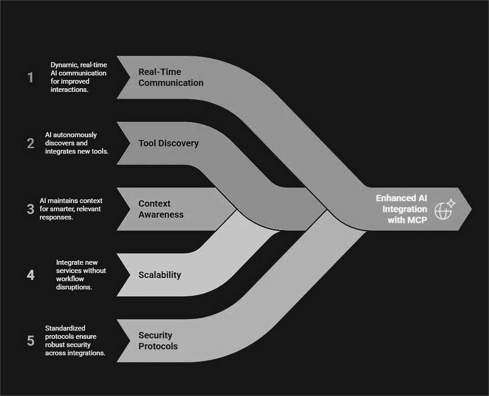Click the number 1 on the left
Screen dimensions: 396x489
point(31,77)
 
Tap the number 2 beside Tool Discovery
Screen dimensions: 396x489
point(31,143)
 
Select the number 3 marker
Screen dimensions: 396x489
point(31,209)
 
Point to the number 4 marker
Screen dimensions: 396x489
point(31,275)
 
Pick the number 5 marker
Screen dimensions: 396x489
point(31,341)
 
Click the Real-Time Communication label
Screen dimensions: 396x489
point(171,77)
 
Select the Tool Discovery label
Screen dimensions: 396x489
point(168,143)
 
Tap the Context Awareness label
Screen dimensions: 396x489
point(161,209)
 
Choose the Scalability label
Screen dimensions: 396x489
point(159,275)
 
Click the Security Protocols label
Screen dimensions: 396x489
point(158,341)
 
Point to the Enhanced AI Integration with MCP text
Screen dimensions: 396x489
point(401,209)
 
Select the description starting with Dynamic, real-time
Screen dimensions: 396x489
point(78,77)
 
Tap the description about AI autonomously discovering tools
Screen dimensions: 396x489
point(76,143)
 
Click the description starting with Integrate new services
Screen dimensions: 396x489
point(81,275)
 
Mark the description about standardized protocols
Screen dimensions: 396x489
point(75,341)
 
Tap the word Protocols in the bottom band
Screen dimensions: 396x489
point(158,346)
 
